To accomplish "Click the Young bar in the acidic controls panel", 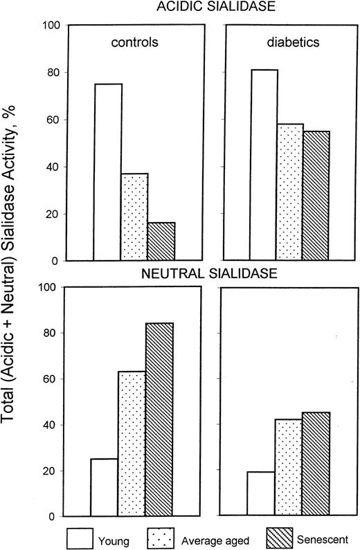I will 107,172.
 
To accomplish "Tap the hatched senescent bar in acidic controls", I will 161,241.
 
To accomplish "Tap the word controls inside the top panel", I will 136,42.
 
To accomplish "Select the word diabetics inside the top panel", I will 291,42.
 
